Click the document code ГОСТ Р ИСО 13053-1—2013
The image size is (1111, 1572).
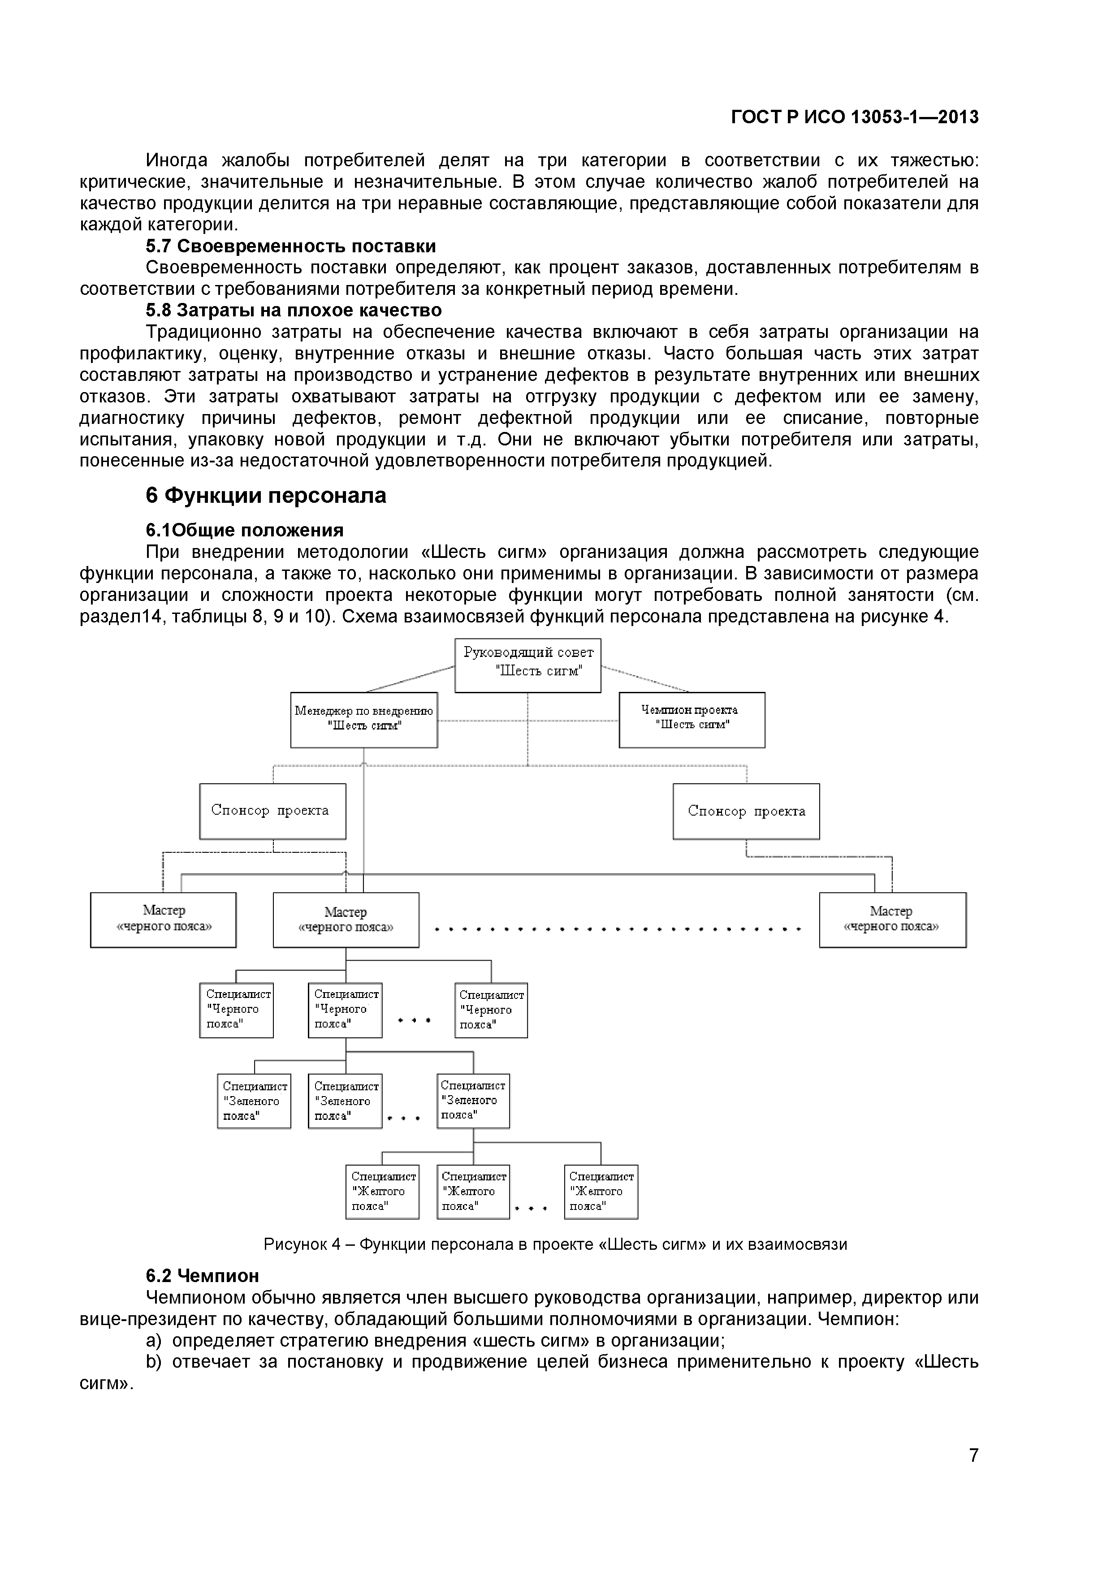click(x=854, y=117)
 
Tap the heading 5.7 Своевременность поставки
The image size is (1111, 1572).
click(x=290, y=246)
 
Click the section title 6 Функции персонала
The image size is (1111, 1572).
click(x=266, y=495)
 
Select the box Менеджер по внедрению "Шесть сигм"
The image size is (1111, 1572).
click(x=363, y=720)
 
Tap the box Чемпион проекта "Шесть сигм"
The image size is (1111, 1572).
click(x=692, y=720)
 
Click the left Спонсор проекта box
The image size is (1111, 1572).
click(x=272, y=812)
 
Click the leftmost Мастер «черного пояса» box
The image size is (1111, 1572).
click(x=163, y=920)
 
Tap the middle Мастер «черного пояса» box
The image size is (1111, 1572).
click(x=346, y=920)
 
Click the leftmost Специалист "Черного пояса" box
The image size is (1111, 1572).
click(x=236, y=1011)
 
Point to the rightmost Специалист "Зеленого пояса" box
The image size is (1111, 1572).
click(x=473, y=1101)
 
